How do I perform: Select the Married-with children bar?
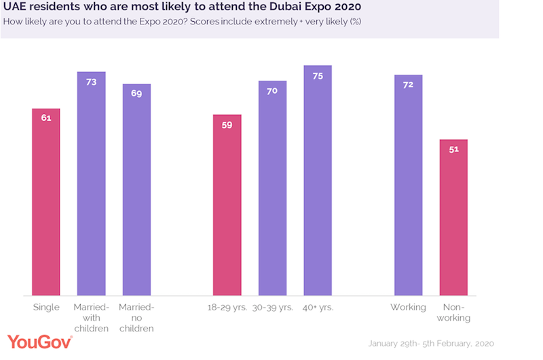click(91, 183)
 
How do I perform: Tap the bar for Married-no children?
click(136, 190)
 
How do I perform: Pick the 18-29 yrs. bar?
click(227, 204)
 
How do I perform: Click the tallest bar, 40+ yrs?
click(318, 180)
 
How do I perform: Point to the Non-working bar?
click(453, 217)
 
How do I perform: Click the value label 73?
click(91, 82)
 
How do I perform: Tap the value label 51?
click(453, 149)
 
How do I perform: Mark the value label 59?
click(227, 124)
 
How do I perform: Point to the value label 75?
click(318, 75)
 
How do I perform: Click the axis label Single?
click(46, 308)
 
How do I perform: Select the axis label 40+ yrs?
click(318, 308)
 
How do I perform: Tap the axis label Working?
click(408, 308)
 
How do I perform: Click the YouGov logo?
click(40, 342)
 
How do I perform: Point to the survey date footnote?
click(431, 343)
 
